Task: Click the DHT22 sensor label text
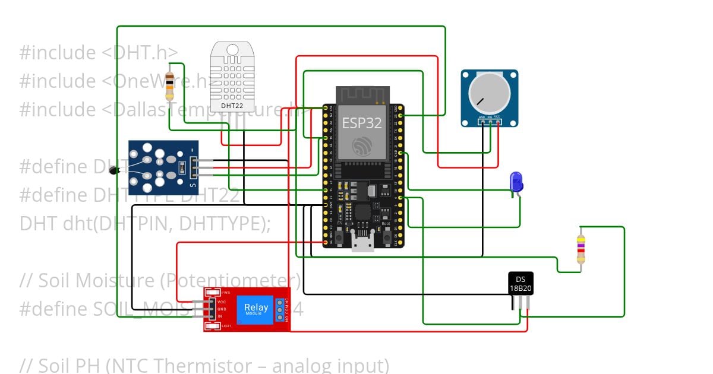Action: pos(231,106)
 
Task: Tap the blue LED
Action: pos(516,181)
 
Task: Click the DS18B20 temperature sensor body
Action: pos(520,283)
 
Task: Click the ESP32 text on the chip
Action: pos(362,123)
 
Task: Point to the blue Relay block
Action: pos(256,309)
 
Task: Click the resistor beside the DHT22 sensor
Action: pos(170,86)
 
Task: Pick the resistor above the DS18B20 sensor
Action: pos(581,248)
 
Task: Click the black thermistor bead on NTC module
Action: pos(114,171)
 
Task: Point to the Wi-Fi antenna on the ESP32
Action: pos(362,95)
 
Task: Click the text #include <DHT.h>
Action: pos(98,52)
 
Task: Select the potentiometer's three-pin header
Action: pos(489,122)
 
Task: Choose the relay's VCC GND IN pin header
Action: pos(212,309)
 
